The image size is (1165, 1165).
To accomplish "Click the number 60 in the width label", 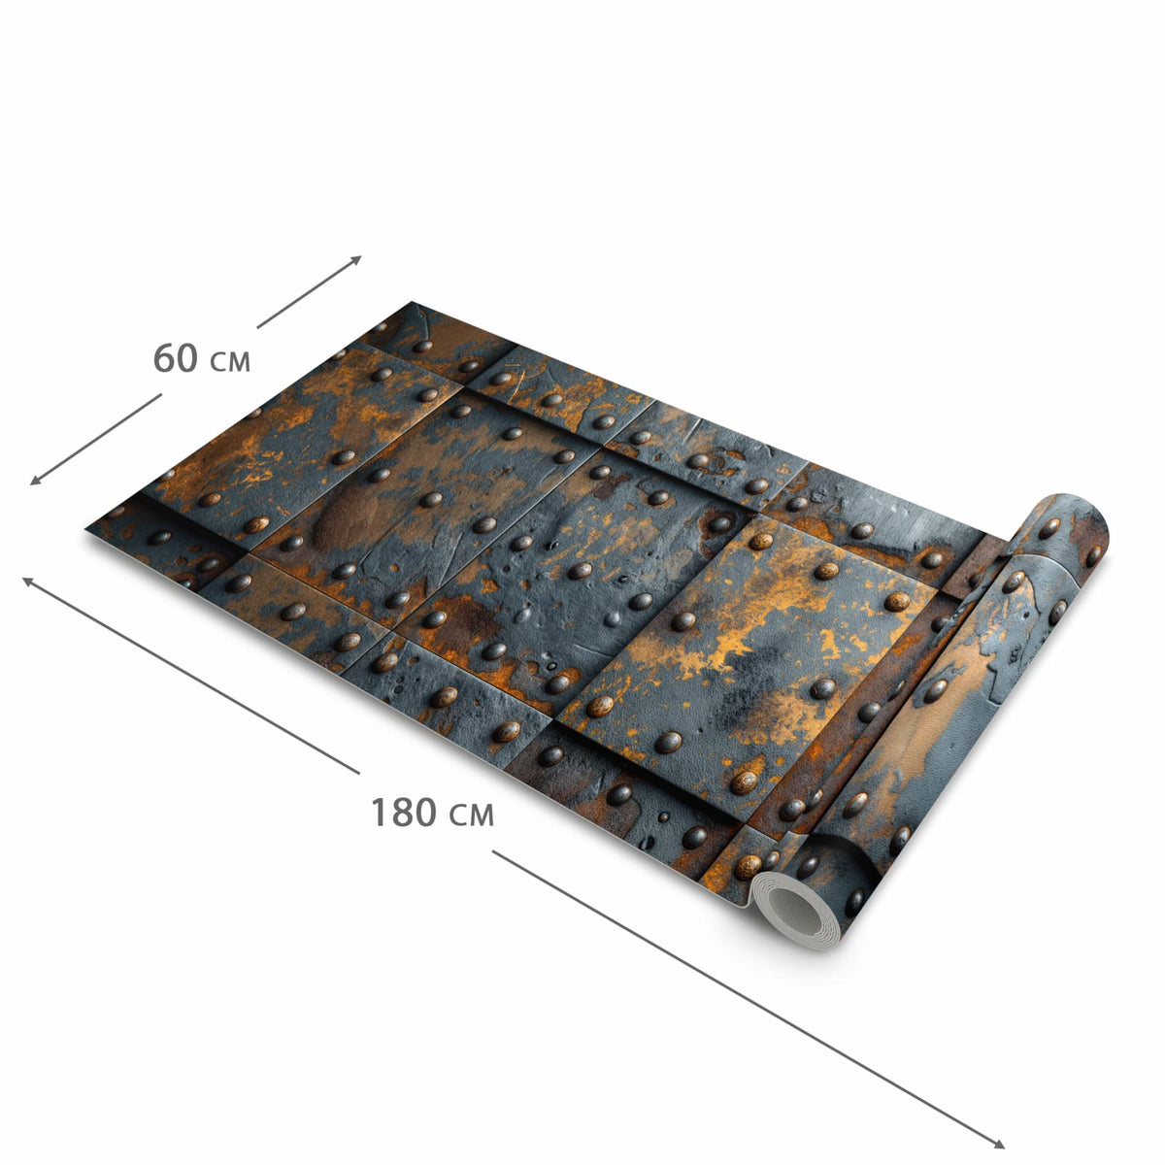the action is (x=176, y=357).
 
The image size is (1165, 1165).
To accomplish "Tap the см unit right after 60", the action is (x=230, y=361).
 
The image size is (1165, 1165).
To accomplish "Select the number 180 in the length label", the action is (x=403, y=812).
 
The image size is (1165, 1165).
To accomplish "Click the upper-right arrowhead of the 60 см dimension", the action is (x=356, y=259).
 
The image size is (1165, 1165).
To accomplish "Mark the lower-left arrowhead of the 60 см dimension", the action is (x=35, y=481).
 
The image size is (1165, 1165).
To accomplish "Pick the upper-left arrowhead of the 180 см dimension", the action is (x=27, y=581).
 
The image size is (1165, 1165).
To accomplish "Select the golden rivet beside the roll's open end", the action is (x=748, y=867).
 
